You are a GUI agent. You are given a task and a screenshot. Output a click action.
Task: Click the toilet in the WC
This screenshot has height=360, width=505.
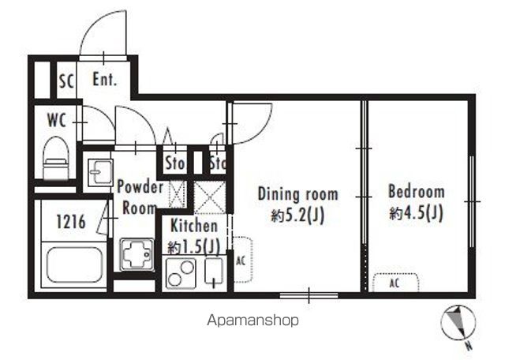pos(56,158)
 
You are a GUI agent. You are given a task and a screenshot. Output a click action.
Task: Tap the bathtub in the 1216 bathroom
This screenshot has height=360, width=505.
pos(73,265)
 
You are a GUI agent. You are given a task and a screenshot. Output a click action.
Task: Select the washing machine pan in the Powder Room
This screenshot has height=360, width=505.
pos(137,254)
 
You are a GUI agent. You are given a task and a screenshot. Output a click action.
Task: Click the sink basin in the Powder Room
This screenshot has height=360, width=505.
pos(100,172)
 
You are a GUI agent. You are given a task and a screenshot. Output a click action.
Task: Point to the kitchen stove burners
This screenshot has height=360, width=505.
pos(181,272)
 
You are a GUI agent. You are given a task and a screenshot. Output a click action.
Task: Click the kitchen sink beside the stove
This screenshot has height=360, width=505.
pos(214,272)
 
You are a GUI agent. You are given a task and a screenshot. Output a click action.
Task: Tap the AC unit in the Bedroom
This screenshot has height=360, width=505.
pos(396,283)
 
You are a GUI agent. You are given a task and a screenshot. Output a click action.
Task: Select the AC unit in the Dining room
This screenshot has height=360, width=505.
pos(242,260)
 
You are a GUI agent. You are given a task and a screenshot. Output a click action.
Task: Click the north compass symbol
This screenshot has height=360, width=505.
pos(458,324)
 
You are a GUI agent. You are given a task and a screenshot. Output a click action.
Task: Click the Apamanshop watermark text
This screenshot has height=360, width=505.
pos(252,321)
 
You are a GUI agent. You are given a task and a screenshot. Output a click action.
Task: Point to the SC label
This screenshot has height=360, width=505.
pos(66,81)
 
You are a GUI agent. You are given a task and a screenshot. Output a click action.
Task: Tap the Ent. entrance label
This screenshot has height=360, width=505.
pos(104,79)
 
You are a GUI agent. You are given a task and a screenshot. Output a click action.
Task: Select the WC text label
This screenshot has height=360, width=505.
pos(57,120)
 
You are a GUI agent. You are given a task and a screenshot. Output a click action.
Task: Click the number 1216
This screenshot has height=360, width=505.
pos(71,222)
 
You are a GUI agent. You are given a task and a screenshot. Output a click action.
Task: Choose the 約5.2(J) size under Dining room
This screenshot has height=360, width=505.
pos(297,216)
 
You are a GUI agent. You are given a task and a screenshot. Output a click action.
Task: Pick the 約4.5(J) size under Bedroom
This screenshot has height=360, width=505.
pos(416,212)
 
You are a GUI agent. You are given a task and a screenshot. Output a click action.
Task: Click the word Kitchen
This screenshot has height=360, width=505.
pos(194,226)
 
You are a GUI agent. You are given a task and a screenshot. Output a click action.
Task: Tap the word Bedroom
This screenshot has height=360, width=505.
pos(417,191)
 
